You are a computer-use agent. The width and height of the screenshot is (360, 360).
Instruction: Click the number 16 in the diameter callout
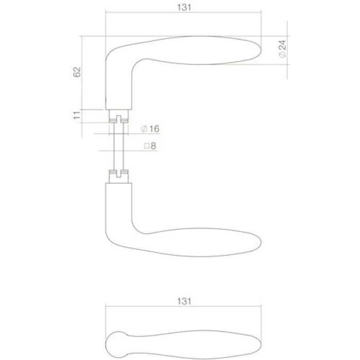pyautogui.click(x=152, y=128)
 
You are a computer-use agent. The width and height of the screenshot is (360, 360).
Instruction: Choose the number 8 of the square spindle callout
pyautogui.click(x=153, y=146)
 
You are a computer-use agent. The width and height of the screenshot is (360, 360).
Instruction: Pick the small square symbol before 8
pyautogui.click(x=147, y=146)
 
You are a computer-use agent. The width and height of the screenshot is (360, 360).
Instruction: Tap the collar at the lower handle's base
pyautogui.click(x=119, y=177)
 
